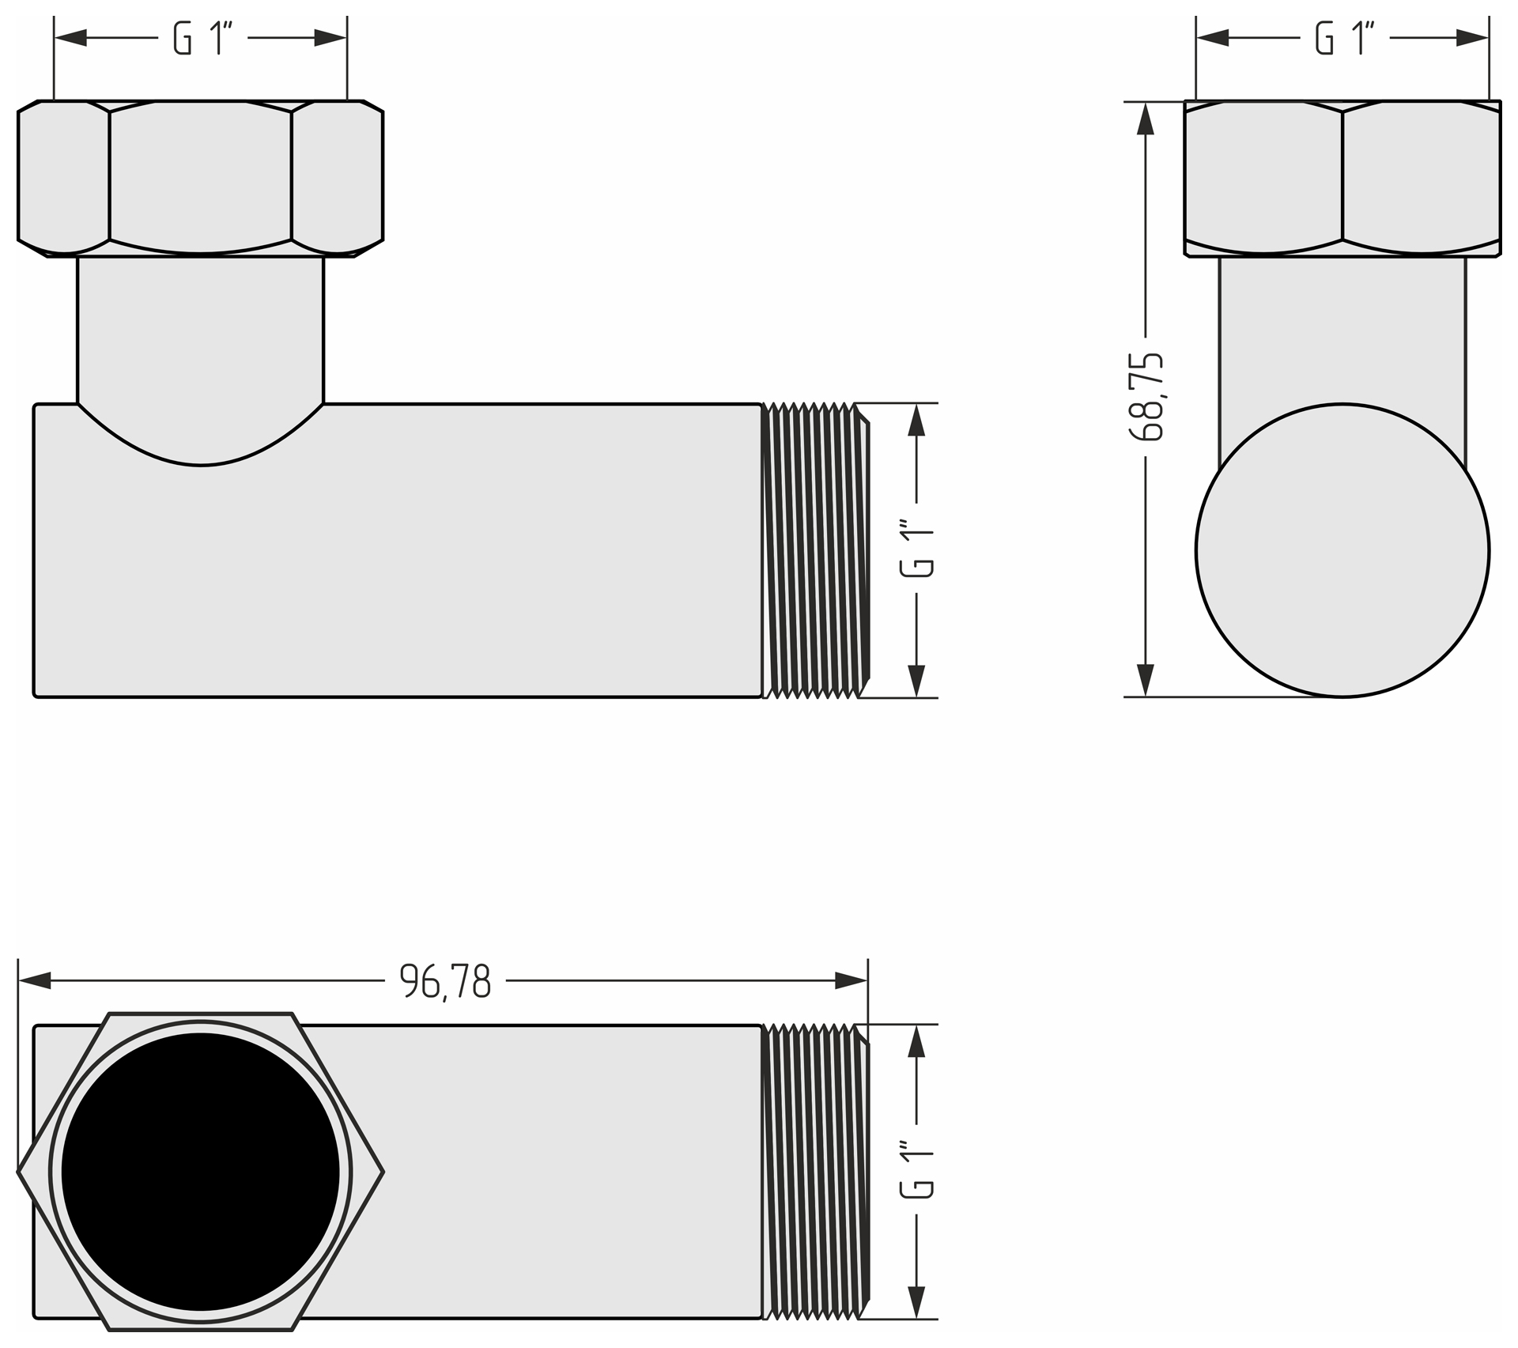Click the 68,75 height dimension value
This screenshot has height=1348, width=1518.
[x=1146, y=396]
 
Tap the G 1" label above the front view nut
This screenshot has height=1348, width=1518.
[x=202, y=39]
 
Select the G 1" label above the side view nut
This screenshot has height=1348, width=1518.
[x=1344, y=39]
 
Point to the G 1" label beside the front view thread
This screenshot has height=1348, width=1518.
[x=918, y=549]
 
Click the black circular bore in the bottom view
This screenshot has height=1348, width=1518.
[x=201, y=1172]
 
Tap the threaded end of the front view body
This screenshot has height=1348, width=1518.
[x=815, y=550]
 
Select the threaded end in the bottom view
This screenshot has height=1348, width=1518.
[x=815, y=1171]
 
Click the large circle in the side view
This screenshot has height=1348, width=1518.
[x=1342, y=550]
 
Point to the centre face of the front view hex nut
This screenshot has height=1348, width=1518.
[x=201, y=177]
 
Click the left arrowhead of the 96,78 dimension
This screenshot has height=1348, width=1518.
[x=34, y=981]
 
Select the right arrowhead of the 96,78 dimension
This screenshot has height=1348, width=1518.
[x=852, y=981]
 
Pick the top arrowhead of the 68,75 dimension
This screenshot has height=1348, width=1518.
[x=1146, y=118]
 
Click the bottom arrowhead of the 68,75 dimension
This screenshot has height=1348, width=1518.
[x=1146, y=681]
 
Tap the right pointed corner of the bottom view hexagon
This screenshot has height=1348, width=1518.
[x=383, y=1172]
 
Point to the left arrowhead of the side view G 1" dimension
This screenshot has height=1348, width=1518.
[x=1213, y=37]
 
